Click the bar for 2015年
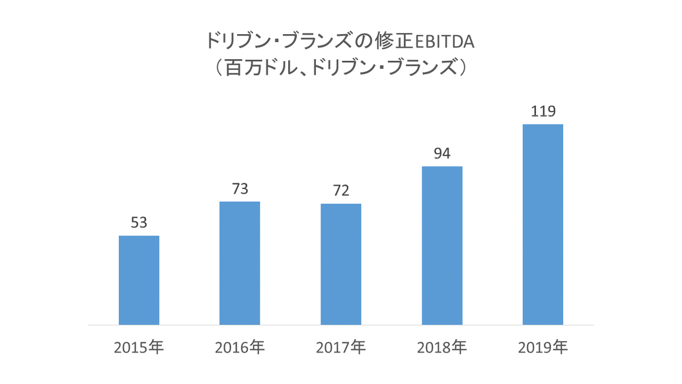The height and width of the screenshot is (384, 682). click(139, 280)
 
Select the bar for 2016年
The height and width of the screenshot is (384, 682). click(240, 263)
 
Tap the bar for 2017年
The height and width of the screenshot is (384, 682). click(341, 264)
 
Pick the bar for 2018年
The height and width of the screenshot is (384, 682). click(442, 245)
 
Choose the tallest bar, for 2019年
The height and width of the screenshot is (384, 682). click(543, 224)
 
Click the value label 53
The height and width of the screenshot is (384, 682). click(139, 223)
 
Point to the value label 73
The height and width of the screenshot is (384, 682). click(240, 189)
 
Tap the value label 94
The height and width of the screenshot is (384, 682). click(442, 154)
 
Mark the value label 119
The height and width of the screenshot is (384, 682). click(543, 112)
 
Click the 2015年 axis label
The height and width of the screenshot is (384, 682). click(139, 346)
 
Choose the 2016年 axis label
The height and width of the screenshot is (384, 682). click(240, 346)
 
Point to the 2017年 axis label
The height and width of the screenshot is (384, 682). click(341, 346)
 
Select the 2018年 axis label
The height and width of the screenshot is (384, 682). click(442, 346)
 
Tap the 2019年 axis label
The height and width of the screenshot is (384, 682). click(543, 346)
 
